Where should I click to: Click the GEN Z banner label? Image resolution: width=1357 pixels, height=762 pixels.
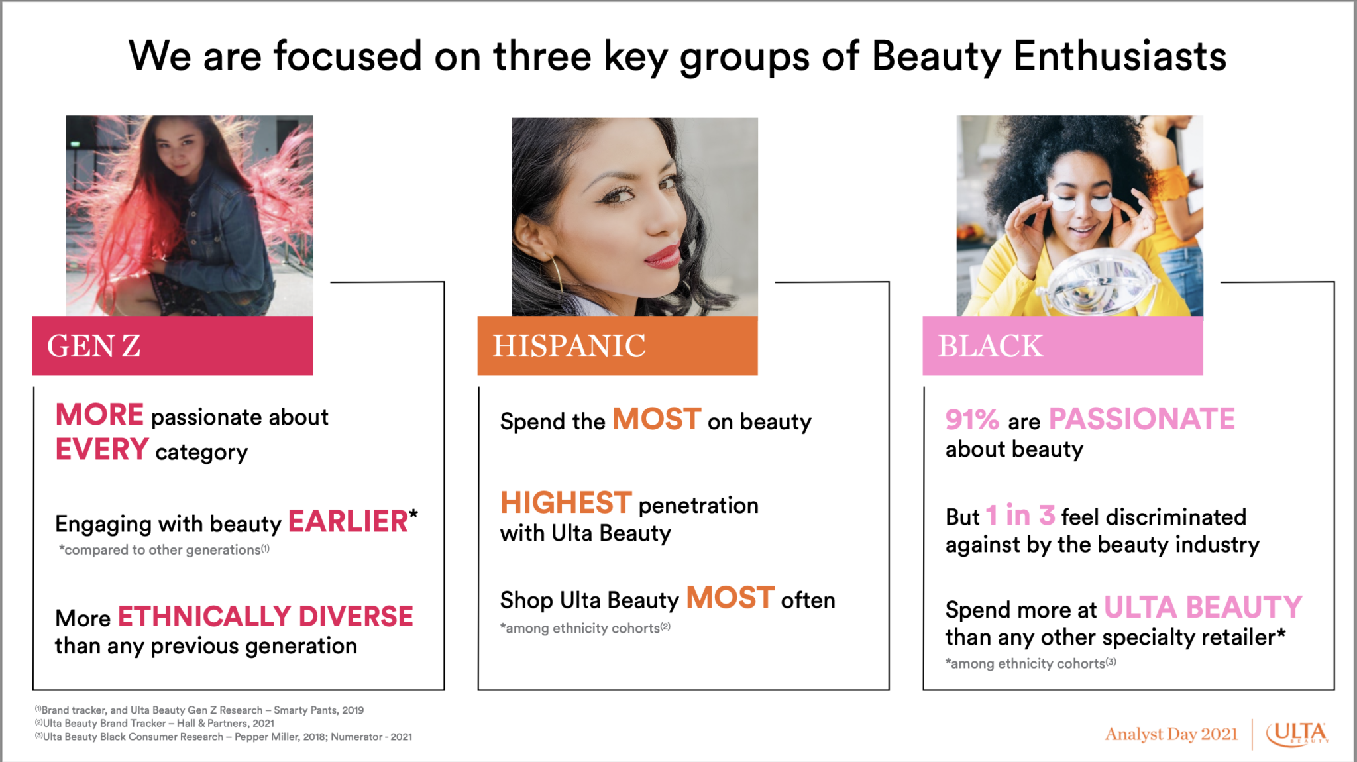(93, 346)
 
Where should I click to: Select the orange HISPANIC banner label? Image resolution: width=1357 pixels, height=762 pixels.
(569, 346)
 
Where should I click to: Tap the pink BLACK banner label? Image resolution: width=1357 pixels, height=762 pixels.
(990, 346)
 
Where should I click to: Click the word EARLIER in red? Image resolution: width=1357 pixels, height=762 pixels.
(349, 522)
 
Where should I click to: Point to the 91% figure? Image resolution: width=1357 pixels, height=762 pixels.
(971, 419)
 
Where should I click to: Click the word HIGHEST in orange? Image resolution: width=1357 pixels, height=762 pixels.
(566, 503)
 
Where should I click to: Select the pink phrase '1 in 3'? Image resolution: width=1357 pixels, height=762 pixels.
(1020, 516)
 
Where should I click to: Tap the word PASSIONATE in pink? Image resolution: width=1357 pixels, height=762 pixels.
(1142, 419)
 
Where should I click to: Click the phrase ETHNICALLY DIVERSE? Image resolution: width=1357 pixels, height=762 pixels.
(265, 617)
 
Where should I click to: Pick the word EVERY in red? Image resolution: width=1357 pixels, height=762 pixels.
(102, 450)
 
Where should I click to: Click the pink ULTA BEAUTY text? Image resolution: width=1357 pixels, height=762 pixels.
(1203, 608)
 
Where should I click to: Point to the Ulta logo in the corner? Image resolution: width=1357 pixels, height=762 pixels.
(1297, 734)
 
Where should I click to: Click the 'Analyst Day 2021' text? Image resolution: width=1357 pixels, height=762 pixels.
(1171, 734)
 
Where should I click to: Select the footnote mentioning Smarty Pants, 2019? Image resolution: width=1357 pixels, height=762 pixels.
(199, 710)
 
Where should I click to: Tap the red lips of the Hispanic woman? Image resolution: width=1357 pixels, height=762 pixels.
(663, 256)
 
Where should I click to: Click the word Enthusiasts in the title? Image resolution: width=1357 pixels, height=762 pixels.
(1120, 56)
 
